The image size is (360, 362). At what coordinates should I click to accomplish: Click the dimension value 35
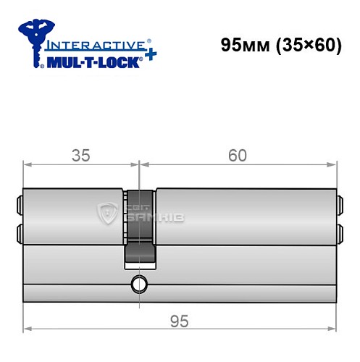tap(80, 156)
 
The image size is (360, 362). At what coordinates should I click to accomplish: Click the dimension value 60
tap(237, 155)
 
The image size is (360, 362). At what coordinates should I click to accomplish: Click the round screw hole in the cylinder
tap(138, 282)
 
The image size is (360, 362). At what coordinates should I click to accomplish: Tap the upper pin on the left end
tap(20, 203)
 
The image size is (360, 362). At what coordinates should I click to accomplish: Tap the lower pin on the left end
tap(20, 232)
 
